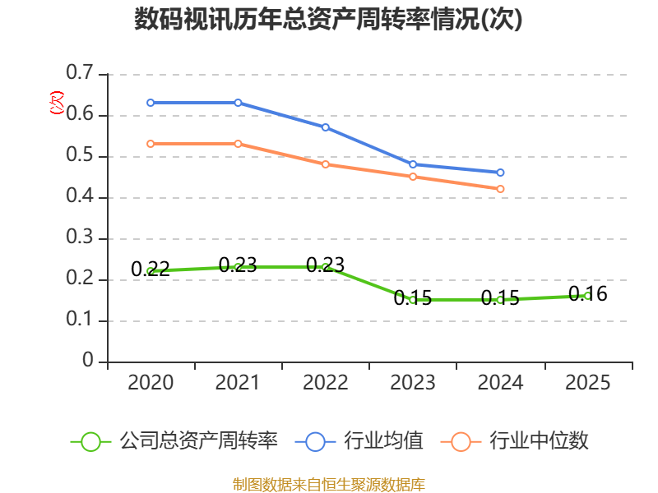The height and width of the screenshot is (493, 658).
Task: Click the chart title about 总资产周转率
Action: [328, 20]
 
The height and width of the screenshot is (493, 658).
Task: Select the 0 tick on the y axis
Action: [88, 362]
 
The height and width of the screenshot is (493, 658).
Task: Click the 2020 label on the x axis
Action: [151, 383]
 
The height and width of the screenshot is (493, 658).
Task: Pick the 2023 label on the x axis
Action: [413, 383]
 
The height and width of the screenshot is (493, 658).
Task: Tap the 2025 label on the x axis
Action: [588, 383]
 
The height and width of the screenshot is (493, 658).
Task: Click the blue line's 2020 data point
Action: [151, 103]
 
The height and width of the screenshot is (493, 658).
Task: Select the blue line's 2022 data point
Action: [326, 127]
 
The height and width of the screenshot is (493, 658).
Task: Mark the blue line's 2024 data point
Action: [500, 173]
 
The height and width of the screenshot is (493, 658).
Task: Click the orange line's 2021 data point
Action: [238, 144]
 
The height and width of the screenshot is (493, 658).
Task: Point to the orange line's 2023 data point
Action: [413, 177]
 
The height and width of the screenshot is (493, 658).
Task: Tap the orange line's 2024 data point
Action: [500, 189]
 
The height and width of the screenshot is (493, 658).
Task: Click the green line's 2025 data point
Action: [587, 296]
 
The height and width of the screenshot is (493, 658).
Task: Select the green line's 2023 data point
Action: [413, 300]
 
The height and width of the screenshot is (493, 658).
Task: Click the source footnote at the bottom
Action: [328, 484]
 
